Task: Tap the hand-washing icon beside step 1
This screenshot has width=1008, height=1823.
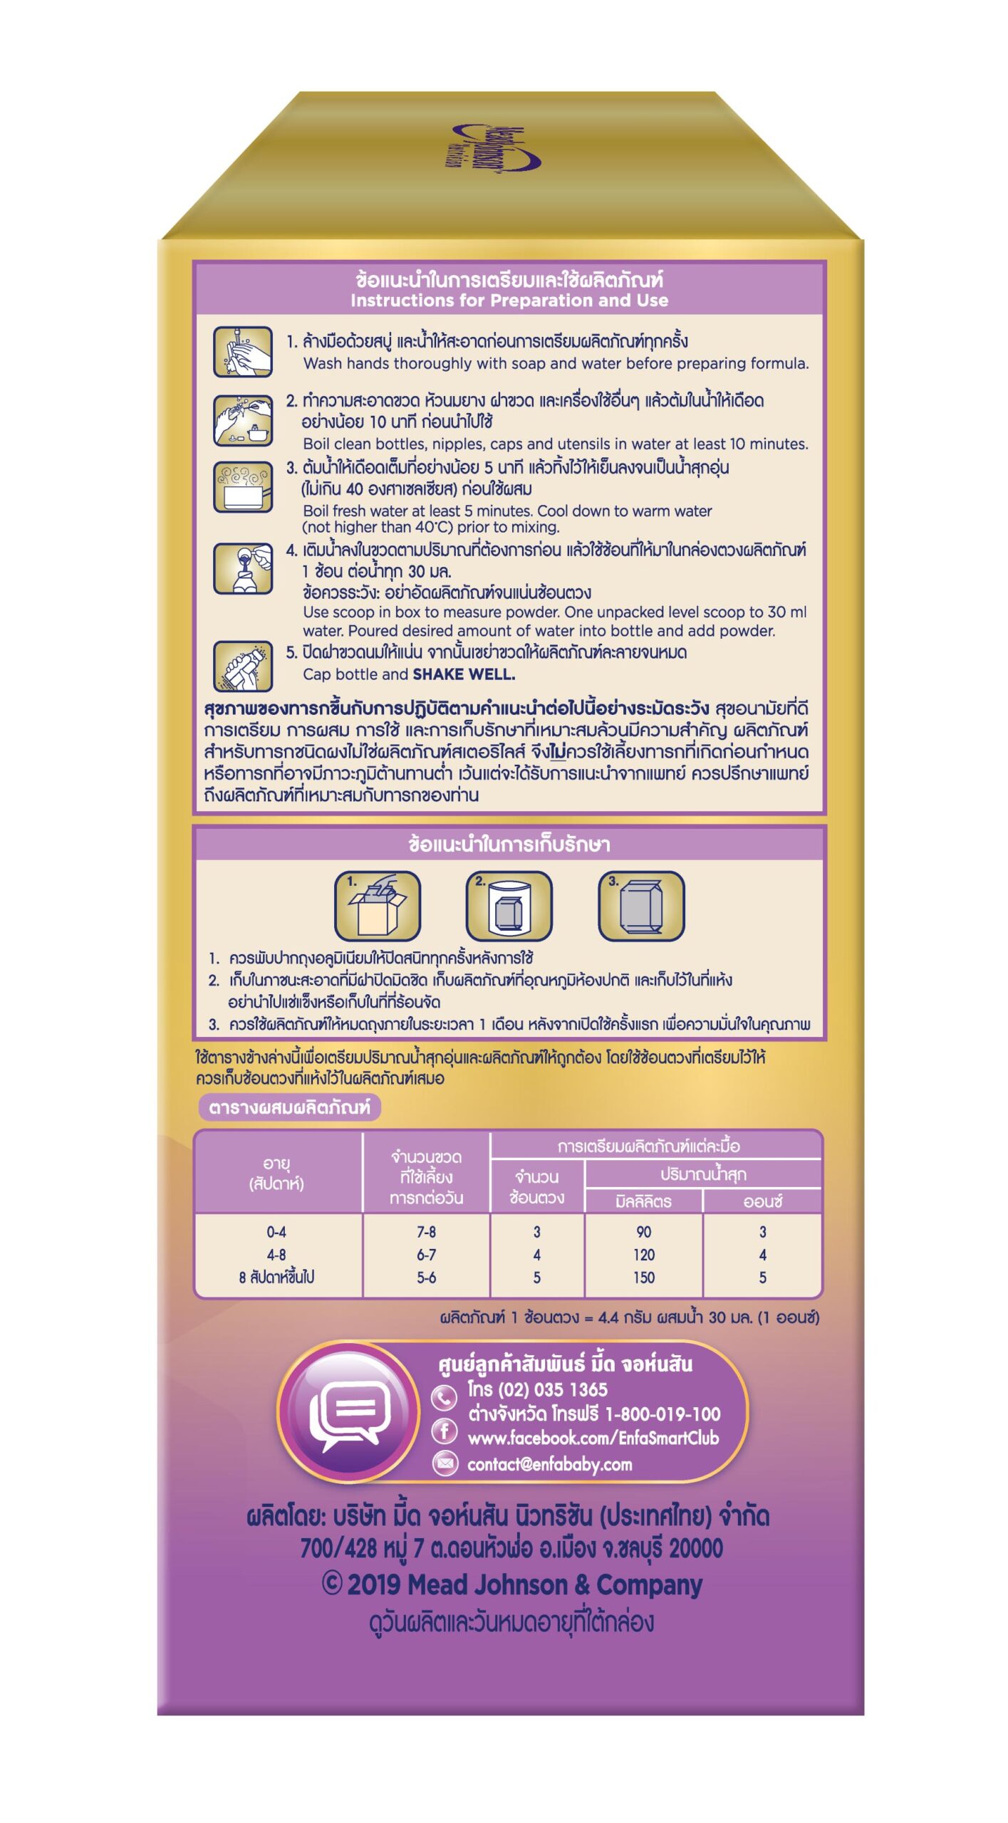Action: click(243, 352)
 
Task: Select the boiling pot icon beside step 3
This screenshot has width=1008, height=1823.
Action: click(243, 487)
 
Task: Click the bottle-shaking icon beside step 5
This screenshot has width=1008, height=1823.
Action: click(243, 667)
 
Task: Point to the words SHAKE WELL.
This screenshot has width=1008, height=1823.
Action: click(464, 674)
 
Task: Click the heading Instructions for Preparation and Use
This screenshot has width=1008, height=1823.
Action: click(509, 301)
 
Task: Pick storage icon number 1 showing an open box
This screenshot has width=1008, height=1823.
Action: click(378, 906)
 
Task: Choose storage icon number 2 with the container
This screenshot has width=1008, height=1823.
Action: click(509, 906)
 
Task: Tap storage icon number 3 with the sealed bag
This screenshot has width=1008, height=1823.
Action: click(640, 906)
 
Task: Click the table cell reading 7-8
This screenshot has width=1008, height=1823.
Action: click(426, 1232)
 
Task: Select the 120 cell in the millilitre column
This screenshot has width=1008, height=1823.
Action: click(643, 1255)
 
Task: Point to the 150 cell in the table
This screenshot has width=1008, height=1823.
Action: click(643, 1278)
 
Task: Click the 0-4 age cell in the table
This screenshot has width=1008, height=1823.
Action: click(276, 1232)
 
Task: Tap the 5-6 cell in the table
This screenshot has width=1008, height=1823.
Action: click(426, 1278)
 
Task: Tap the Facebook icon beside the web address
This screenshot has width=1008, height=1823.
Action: click(444, 1431)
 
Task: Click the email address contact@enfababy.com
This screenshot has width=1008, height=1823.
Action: click(549, 1464)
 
